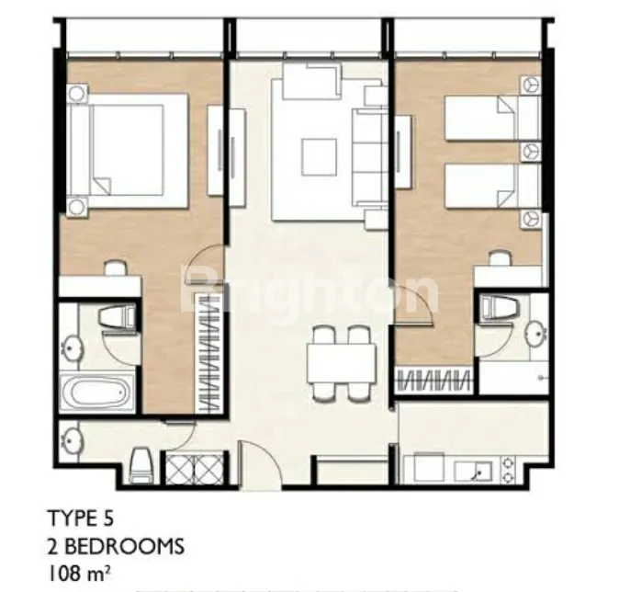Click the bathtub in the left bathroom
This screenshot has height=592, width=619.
(x=97, y=393)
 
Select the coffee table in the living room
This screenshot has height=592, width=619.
(x=319, y=157)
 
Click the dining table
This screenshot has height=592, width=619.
(x=341, y=363)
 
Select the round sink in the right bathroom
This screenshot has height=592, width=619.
(x=537, y=335)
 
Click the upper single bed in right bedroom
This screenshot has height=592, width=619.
(x=481, y=118)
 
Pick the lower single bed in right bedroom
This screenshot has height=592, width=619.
(x=481, y=186)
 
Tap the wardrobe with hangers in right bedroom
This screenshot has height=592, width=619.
(x=433, y=381)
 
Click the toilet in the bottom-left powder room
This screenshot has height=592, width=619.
(x=141, y=465)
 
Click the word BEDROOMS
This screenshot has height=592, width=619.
(x=124, y=547)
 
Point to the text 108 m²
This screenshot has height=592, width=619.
(x=79, y=575)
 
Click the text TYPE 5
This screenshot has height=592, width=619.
(x=81, y=518)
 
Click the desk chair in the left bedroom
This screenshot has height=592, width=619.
(x=116, y=268)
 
